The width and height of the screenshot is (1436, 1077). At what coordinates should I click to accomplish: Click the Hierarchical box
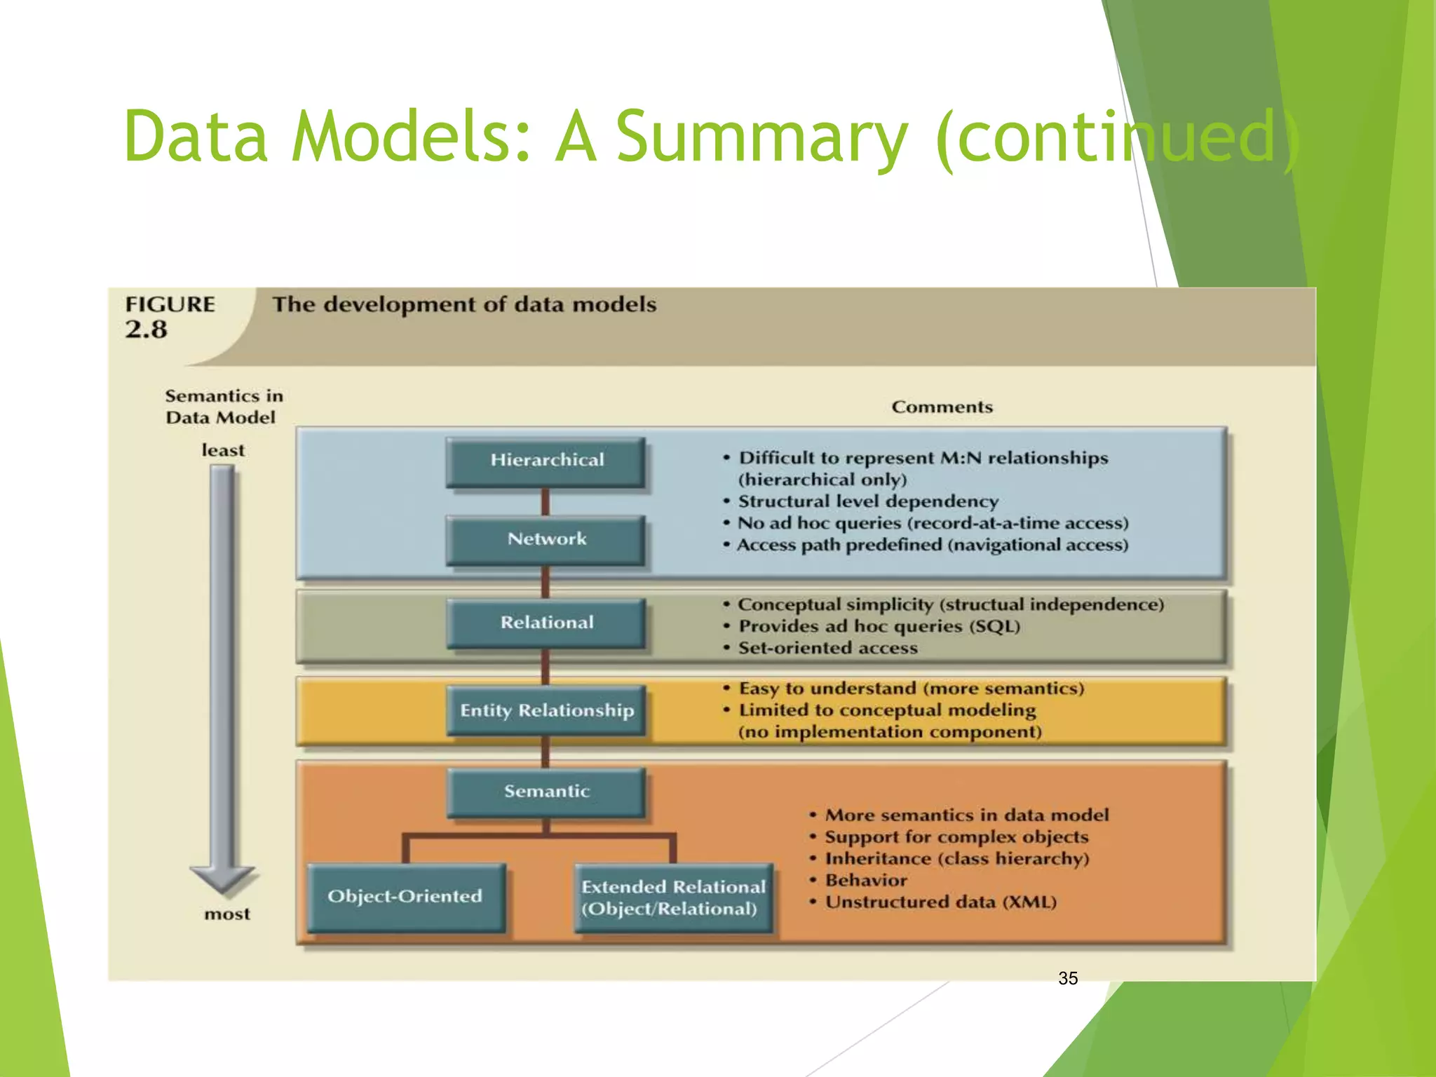pos(546,461)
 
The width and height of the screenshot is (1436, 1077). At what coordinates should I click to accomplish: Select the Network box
pos(546,539)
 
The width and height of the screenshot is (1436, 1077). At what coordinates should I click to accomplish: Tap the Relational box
pos(546,623)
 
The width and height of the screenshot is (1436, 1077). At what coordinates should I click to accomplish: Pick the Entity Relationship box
pos(546,710)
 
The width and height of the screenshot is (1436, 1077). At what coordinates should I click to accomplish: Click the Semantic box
pos(546,792)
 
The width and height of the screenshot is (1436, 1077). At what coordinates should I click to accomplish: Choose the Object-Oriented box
pos(405,897)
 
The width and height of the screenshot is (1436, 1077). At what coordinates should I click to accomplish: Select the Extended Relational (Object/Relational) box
pos(672,898)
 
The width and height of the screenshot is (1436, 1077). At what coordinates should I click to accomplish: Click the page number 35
pos(1068,978)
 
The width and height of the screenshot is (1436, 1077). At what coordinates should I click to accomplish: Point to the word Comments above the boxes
pos(942,407)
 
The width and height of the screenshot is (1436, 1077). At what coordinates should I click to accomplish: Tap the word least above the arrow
pos(223,450)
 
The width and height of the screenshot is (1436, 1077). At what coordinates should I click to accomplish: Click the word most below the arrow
pos(226,914)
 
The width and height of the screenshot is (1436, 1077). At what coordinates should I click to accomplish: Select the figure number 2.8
pos(146,330)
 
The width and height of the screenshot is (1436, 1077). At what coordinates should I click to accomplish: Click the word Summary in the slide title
pos(761,137)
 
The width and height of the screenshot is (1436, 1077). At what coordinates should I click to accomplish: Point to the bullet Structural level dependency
pos(868,501)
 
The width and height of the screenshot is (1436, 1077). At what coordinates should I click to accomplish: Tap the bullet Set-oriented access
pos(827,648)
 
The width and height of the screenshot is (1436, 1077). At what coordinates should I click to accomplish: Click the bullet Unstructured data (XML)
pos(940,902)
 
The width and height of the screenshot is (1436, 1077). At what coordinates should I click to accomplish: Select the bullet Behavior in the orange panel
pos(865,880)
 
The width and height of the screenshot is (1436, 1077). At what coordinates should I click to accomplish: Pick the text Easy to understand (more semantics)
pos(911,689)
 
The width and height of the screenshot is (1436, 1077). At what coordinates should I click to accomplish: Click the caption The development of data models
pos(464,305)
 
